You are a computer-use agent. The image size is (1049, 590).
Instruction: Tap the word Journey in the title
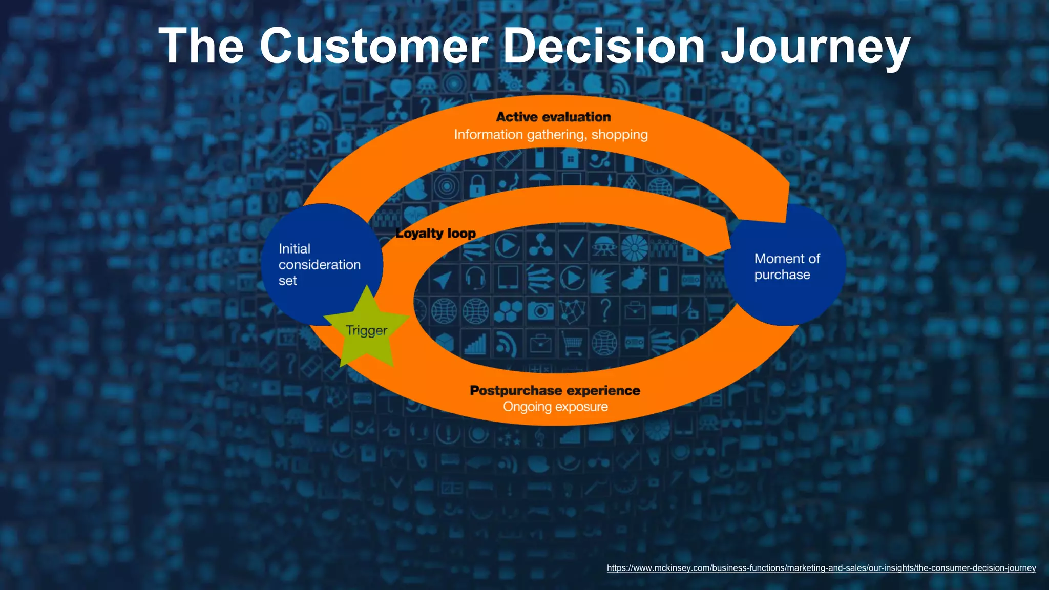[x=814, y=47]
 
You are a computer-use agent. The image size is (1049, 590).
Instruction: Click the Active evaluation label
[x=553, y=117]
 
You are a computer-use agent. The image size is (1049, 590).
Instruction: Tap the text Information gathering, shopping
[x=551, y=135]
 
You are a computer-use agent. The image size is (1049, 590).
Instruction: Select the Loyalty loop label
[x=435, y=234]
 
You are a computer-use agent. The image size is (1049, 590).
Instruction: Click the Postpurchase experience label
[x=555, y=391]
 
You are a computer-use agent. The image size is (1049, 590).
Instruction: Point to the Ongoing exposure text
[x=555, y=407]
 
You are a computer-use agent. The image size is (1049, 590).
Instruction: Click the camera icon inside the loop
[x=540, y=310]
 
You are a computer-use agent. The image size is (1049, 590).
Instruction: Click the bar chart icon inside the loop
[x=475, y=343]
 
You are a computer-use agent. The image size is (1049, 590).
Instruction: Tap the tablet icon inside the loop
[x=508, y=279]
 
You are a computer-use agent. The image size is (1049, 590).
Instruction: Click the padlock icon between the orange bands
[x=477, y=185]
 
